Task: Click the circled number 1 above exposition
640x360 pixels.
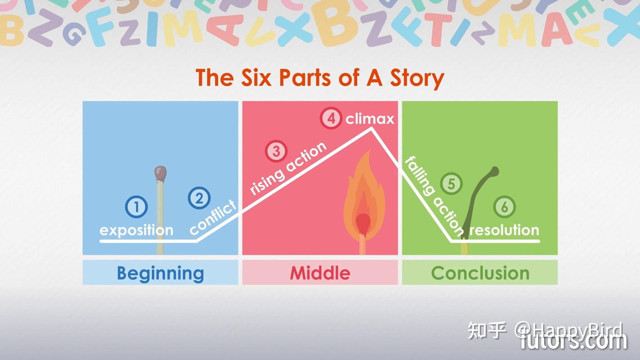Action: pos(136,207)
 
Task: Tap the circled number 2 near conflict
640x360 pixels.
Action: pos(199,198)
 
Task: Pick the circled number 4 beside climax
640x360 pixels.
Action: pos(331,119)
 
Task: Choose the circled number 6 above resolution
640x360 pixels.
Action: pos(505,207)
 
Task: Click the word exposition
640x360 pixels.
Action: pos(136,230)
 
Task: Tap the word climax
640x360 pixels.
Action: pos(370,119)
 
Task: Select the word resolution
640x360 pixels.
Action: pos(504,230)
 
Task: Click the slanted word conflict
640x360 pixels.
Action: pos(213,217)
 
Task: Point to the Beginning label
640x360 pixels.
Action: pos(160,273)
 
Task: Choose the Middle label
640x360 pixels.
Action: pos(320,273)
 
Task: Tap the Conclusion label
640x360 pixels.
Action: pos(480,273)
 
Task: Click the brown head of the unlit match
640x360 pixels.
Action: pos(161,173)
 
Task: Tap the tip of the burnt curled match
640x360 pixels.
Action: pos(494,171)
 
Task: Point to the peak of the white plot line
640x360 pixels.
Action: pos(371,129)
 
